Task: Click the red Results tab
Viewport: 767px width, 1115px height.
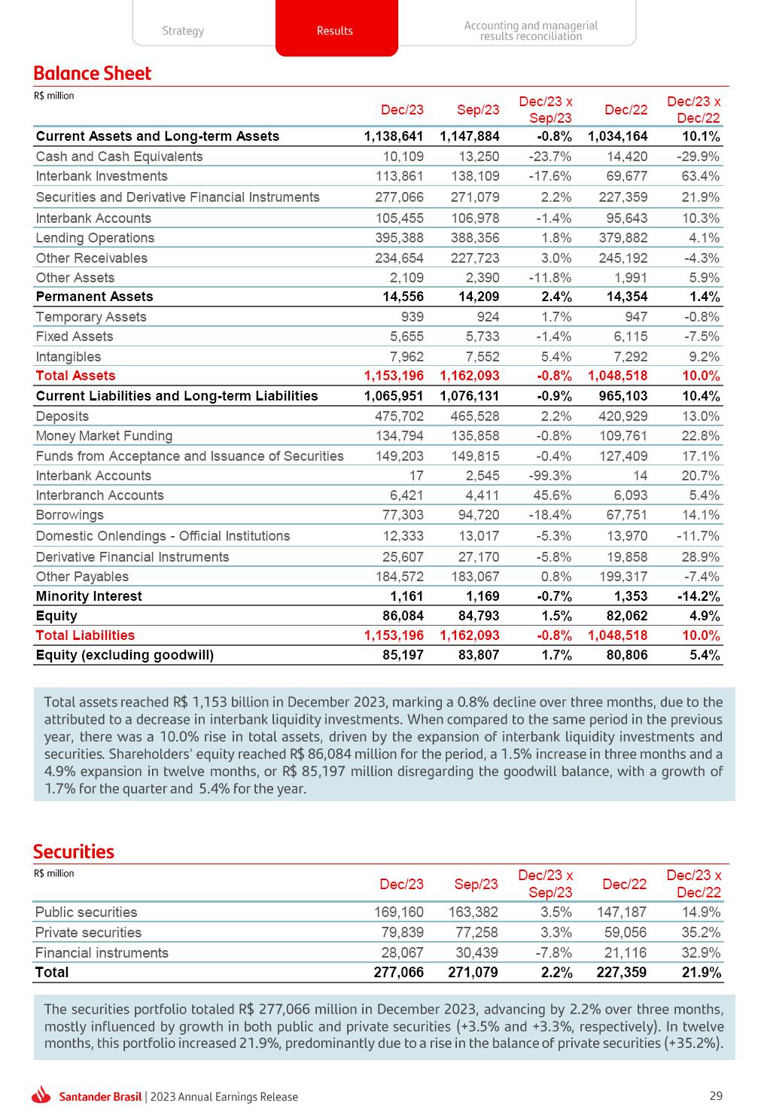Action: point(336,30)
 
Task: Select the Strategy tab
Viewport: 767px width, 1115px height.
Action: point(183,31)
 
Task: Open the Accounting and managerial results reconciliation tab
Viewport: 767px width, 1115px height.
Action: point(531,31)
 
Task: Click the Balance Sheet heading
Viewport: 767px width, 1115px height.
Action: point(92,73)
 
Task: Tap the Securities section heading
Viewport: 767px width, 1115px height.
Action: point(73,851)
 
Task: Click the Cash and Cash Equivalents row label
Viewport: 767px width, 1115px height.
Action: point(119,157)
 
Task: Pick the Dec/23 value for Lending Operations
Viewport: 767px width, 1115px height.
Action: point(399,238)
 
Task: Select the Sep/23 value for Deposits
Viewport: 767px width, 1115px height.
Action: point(475,416)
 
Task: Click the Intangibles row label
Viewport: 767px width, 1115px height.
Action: point(68,357)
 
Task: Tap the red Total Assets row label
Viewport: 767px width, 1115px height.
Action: point(75,376)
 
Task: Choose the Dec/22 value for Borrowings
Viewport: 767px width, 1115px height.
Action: point(626,515)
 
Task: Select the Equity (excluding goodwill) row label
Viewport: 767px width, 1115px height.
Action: point(124,655)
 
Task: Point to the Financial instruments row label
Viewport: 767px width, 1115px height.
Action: point(102,953)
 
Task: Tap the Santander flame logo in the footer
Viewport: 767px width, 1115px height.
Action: point(43,1095)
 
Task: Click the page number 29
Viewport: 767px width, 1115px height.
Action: point(716,1096)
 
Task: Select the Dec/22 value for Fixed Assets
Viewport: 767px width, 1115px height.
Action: point(626,337)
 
